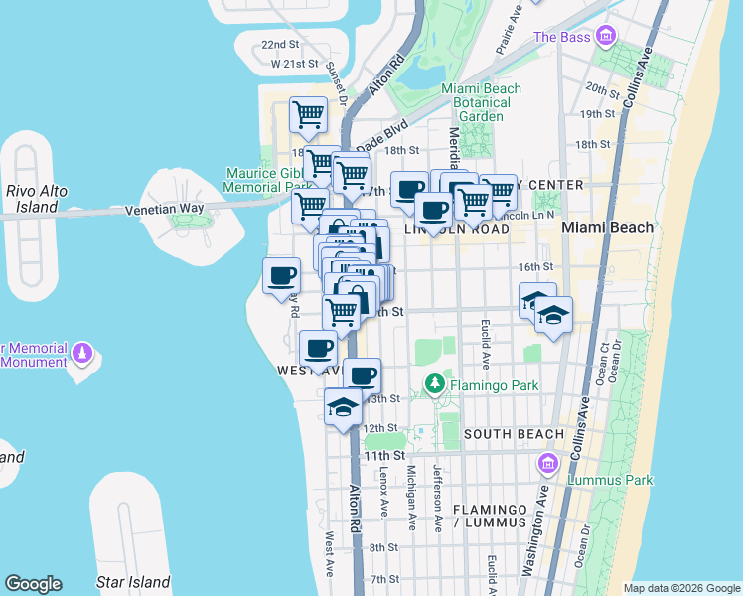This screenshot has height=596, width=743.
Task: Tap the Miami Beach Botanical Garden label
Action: pos(481,102)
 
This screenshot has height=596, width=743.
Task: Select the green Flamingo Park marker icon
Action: pos(434,383)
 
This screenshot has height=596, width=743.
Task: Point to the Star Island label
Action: pos(132,582)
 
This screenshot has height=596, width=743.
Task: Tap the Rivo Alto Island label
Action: pos(32,199)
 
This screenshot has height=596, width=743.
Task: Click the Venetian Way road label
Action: pos(164,211)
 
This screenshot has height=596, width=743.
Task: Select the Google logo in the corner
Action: pos(33,584)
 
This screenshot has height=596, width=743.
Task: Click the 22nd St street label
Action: pos(280,45)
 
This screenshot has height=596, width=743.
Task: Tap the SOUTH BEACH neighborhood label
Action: pos(514,434)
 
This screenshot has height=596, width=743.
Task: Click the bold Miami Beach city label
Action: pos(608,227)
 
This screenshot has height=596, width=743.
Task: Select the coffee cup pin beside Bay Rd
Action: pos(281,274)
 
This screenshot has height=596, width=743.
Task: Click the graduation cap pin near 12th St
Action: pos(344,406)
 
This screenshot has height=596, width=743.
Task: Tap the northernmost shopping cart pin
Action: pos(308,114)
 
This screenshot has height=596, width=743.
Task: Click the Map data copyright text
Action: pos(681,588)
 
